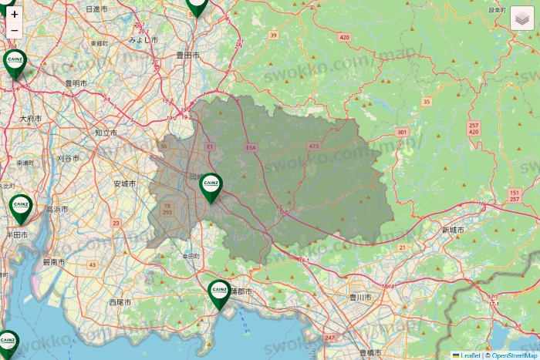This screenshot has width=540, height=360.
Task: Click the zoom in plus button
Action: (x=15, y=14)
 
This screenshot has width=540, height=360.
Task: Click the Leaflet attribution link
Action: (x=470, y=355)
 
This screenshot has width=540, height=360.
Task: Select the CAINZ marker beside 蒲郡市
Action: (x=219, y=293)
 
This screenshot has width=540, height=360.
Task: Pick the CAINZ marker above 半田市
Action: (x=20, y=207)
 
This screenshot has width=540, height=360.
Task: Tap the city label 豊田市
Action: (x=187, y=56)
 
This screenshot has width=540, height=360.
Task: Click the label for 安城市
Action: (x=124, y=183)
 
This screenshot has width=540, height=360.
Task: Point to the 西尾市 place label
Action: (x=120, y=301)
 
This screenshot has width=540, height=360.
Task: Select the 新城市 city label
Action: (x=454, y=230)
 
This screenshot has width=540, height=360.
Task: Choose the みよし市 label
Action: (x=143, y=39)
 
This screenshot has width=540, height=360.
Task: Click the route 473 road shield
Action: (x=313, y=146)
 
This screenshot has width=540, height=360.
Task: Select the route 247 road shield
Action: (x=330, y=338)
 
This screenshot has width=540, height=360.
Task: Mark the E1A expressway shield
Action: (x=250, y=147)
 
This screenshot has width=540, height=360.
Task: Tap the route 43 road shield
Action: (x=93, y=264)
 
